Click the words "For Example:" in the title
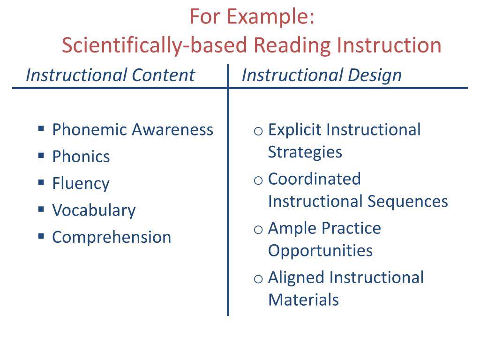pyautogui.click(x=252, y=18)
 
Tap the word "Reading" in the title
pyautogui.click(x=292, y=45)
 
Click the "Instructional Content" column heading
pyautogui.click(x=110, y=75)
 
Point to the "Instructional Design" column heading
pyautogui.click(x=322, y=75)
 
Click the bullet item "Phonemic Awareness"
pyautogui.click(x=133, y=129)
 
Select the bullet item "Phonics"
pyautogui.click(x=81, y=157)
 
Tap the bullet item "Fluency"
pyautogui.click(x=81, y=183)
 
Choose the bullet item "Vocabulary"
pyautogui.click(x=94, y=210)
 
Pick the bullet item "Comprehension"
pyautogui.click(x=112, y=237)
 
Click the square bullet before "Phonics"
pyautogui.click(x=41, y=155)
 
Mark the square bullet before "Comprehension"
pyautogui.click(x=41, y=235)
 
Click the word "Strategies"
pyautogui.click(x=305, y=152)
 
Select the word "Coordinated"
pyautogui.click(x=315, y=179)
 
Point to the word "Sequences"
pyautogui.click(x=408, y=202)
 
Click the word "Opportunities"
pyautogui.click(x=320, y=250)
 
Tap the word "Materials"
pyautogui.click(x=303, y=300)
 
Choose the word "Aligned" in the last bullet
pyautogui.click(x=296, y=277)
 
